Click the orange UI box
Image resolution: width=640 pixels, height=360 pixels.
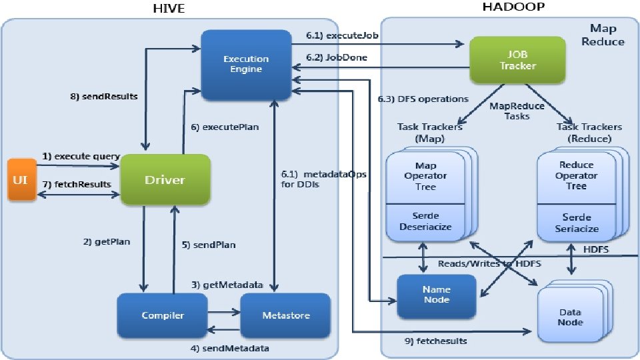click(x=22, y=179)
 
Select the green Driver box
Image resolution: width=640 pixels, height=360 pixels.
click(x=165, y=179)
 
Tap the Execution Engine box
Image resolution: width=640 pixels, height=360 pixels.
click(x=246, y=65)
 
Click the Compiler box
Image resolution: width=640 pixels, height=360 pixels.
click(x=163, y=315)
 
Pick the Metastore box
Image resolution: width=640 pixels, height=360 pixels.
click(x=285, y=315)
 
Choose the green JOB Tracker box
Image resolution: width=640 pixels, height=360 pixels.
click(x=517, y=60)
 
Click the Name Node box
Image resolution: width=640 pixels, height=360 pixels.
click(x=436, y=295)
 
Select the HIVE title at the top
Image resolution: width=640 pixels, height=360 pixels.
click(x=169, y=9)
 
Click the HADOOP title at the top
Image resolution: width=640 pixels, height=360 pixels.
click(x=513, y=7)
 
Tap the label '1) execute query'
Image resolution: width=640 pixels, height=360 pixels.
click(x=81, y=156)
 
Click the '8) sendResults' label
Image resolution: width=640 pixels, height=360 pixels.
click(x=104, y=97)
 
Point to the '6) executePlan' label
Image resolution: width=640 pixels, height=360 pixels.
click(x=225, y=127)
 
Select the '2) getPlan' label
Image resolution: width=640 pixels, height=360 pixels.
click(x=107, y=241)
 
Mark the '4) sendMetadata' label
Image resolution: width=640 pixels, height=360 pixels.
click(x=229, y=348)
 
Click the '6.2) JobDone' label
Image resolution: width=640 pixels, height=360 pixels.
click(x=336, y=57)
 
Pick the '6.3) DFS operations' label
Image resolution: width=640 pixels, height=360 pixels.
click(x=423, y=99)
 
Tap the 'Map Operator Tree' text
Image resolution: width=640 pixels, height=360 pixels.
click(x=425, y=176)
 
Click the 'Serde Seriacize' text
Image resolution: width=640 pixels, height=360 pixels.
click(x=576, y=223)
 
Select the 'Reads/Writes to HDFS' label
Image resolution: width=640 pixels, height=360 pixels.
click(x=489, y=264)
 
